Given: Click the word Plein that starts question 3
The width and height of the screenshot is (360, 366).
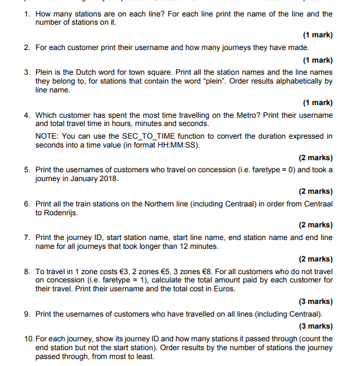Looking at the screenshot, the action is (44, 73).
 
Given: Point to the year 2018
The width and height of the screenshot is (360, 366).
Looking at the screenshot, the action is (106, 179).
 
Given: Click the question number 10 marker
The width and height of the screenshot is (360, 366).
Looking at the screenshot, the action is (28, 339).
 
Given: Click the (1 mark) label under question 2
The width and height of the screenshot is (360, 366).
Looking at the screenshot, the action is (318, 60).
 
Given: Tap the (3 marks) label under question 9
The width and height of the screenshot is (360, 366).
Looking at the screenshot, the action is (316, 326).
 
